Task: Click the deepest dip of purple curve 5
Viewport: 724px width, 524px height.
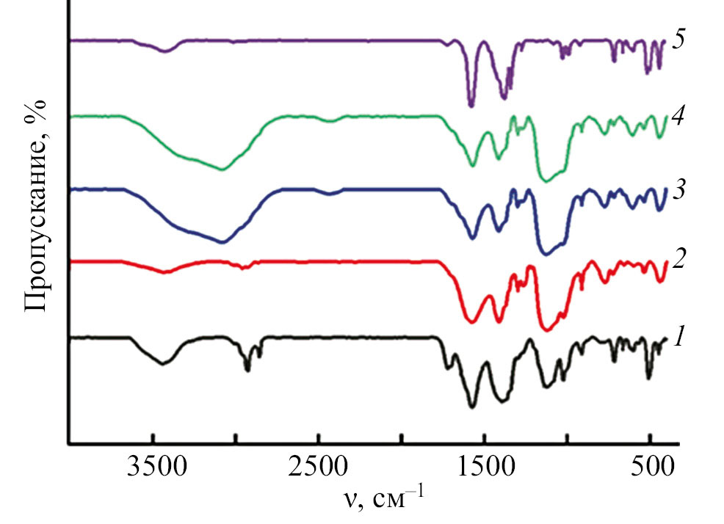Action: [471, 106]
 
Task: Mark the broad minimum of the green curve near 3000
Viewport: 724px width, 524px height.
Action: [222, 170]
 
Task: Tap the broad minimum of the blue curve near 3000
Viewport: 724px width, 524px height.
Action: [222, 241]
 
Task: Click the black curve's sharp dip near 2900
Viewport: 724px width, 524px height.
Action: [247, 370]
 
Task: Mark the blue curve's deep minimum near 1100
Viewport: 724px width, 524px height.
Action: [545, 254]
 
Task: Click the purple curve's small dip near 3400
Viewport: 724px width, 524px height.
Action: [166, 51]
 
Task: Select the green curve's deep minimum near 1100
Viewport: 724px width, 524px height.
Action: [545, 181]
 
